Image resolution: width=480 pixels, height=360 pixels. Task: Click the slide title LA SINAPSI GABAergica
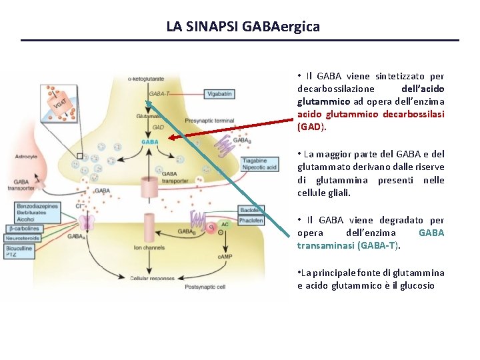(243, 27)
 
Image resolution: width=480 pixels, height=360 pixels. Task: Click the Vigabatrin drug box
(219, 95)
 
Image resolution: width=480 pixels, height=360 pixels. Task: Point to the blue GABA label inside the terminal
(149, 142)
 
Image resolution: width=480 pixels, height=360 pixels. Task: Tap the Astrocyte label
(27, 157)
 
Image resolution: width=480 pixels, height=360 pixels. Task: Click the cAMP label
(224, 256)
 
